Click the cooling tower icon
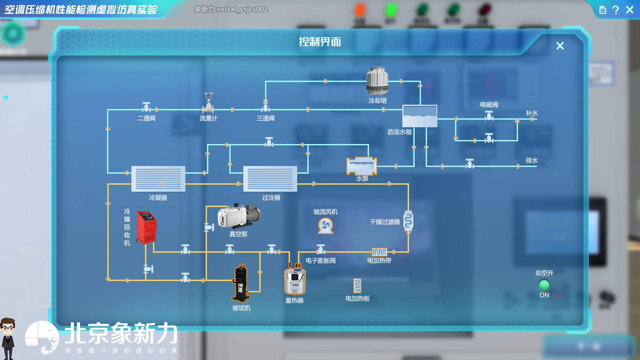pos(377,81)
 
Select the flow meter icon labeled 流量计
pos(208,103)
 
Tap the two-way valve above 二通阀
pos(146,107)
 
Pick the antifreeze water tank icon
pos(420,116)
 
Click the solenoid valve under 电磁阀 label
pos(489,116)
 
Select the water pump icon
pos(362,166)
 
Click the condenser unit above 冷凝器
pos(158,179)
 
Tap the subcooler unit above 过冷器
pos(270,179)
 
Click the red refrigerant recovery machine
pos(146,227)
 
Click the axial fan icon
pos(325,226)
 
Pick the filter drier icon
pos(408,221)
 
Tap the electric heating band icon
pos(379,252)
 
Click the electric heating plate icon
pos(357,286)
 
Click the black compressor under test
pos(241,283)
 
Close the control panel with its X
pos(560,46)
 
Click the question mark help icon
pos(616,10)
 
